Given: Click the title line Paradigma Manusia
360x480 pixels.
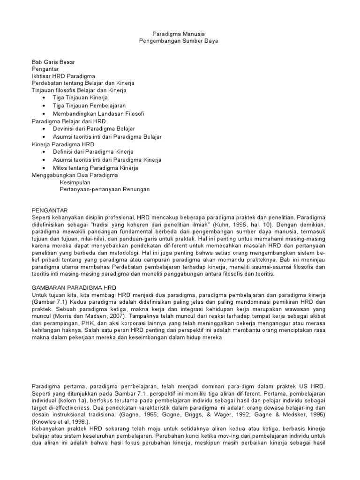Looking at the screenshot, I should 179,34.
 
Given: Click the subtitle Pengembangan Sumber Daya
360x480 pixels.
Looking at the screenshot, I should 179,41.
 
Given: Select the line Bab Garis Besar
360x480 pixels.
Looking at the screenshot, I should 53,62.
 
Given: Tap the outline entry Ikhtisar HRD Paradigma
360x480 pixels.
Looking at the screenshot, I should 63,76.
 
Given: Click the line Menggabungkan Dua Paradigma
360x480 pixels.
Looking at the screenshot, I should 75,175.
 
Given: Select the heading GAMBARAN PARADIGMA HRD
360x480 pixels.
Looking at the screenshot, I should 73,286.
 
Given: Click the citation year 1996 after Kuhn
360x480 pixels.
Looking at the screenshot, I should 267,225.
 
